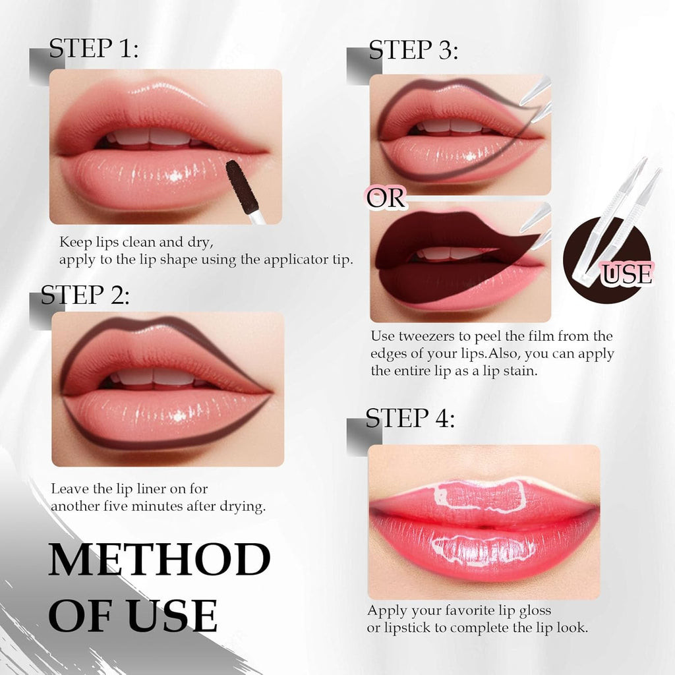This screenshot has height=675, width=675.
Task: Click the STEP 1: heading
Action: coord(94,49)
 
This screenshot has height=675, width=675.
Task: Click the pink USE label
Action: coord(627,274)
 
